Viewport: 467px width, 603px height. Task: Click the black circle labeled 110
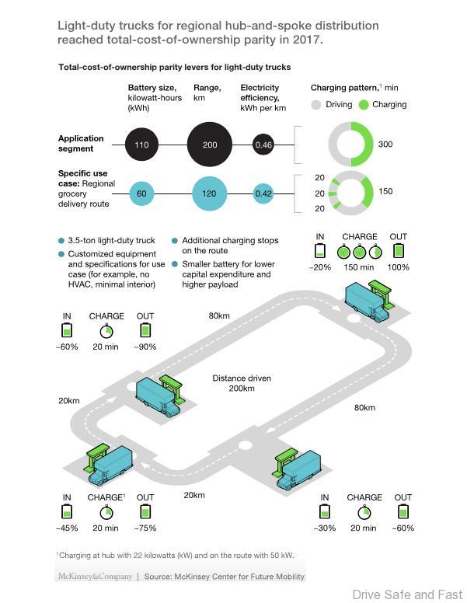tap(141, 145)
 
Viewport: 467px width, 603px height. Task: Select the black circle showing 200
tap(210, 145)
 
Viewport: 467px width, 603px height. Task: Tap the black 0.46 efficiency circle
tap(264, 145)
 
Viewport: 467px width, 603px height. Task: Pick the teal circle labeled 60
tap(141, 193)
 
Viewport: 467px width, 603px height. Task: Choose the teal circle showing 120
tap(209, 193)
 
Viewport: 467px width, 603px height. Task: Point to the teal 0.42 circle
tap(264, 193)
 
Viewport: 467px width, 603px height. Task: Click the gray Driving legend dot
tap(316, 104)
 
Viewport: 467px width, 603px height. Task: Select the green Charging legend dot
tap(364, 104)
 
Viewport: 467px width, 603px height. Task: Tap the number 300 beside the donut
tap(385, 145)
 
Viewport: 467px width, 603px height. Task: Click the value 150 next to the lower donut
tap(385, 192)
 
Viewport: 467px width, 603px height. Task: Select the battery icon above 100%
tap(399, 251)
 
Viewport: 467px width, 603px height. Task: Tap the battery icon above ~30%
tap(325, 511)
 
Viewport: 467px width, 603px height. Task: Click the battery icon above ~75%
tap(145, 511)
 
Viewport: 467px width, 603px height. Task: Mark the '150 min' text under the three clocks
tap(359, 267)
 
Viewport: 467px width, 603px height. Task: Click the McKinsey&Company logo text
tap(93, 576)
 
